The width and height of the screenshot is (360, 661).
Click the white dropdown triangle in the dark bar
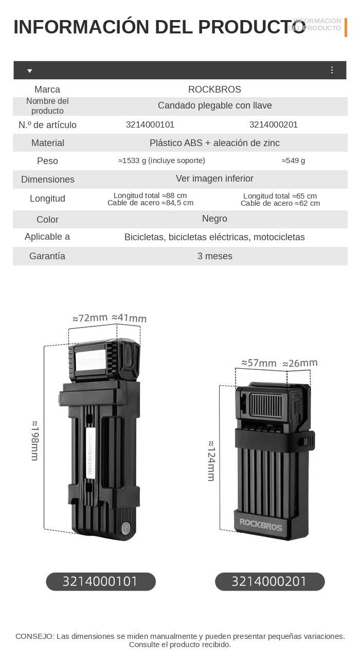tap(29, 71)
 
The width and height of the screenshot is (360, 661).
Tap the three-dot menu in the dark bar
tap(332, 70)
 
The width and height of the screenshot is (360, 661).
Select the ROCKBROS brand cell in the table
tap(214, 90)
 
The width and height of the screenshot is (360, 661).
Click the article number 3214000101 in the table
tap(150, 124)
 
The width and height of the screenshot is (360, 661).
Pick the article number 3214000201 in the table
tap(274, 124)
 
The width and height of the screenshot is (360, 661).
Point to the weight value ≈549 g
tap(293, 160)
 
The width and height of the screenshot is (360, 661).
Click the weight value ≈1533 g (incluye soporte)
tap(161, 160)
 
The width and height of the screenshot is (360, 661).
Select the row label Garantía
tap(47, 256)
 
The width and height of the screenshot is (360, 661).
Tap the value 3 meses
tap(215, 256)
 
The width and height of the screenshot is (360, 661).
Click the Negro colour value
tap(214, 219)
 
